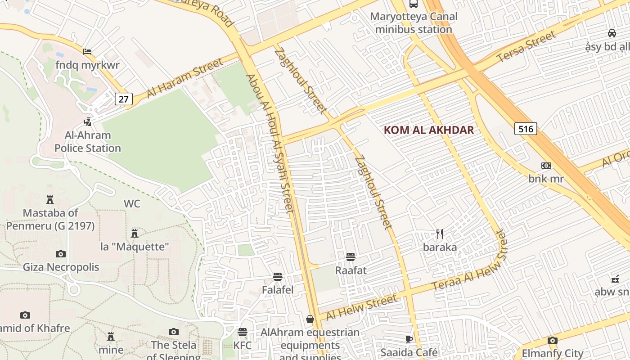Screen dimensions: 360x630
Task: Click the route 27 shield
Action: [123, 99]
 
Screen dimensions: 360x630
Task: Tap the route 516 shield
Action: [526, 129]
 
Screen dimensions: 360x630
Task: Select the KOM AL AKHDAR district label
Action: [429, 130]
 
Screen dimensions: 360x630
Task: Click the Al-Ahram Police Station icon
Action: [88, 121]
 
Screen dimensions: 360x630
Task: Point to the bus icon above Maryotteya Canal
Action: [413, 4]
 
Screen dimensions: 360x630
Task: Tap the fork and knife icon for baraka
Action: [440, 234]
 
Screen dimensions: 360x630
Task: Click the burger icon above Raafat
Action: [351, 257]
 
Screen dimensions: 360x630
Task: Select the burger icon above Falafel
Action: [278, 276]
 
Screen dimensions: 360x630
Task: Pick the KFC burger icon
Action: [243, 332]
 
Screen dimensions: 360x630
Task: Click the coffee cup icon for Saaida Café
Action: [409, 339]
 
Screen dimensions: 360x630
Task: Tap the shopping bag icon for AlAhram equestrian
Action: [310, 319]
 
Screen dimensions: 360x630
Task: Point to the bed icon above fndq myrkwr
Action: [87, 52]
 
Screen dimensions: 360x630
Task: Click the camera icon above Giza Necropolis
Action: [61, 254]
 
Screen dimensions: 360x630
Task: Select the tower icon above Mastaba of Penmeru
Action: [50, 199]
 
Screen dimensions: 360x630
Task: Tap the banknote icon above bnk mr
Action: [546, 166]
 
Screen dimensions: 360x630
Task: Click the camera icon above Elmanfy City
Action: [553, 340]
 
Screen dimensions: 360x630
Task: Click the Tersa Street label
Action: [526, 47]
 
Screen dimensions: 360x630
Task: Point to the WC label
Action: [132, 204]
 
